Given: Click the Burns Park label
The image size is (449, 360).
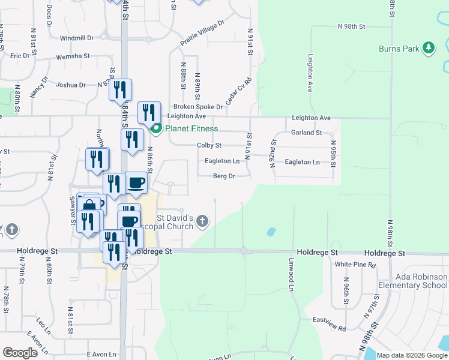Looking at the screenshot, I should point(399,48).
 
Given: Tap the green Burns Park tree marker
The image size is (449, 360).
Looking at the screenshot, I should point(428,48).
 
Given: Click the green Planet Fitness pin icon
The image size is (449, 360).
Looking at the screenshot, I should point(156,128).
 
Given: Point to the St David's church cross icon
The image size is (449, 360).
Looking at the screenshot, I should point(202,222).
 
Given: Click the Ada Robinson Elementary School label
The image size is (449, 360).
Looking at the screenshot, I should point(421,281).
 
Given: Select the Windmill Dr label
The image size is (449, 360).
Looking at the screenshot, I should point(77,38).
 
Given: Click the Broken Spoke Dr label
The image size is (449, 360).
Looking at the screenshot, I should point(198,106).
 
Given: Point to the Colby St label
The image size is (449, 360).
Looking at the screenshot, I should point(209,145).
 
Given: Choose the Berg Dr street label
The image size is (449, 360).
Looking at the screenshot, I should point(223,176).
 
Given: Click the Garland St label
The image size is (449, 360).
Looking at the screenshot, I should point(306,133).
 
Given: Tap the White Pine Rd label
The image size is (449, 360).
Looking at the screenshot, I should point(355,265).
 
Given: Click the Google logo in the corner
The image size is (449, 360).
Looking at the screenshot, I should point(20,353).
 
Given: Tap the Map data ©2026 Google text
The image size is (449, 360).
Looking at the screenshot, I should point(412,355).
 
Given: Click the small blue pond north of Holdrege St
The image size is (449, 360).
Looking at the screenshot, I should point(271,231).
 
